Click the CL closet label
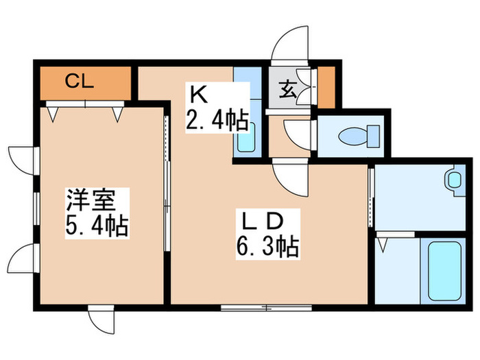(79, 83)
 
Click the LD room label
(261, 223)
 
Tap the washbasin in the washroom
(453, 180)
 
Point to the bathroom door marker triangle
(382, 241)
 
